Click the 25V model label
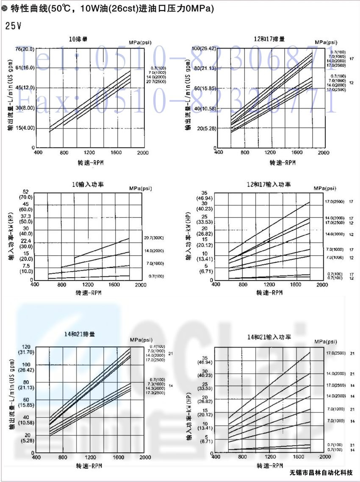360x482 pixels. point(13,26)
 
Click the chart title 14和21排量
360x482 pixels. point(79,334)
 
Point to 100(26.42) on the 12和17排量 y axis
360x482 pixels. point(204,48)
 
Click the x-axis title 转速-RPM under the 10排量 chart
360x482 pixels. point(90,163)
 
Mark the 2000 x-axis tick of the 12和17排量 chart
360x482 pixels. point(323,153)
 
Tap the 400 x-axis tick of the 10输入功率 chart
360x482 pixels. point(35,285)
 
